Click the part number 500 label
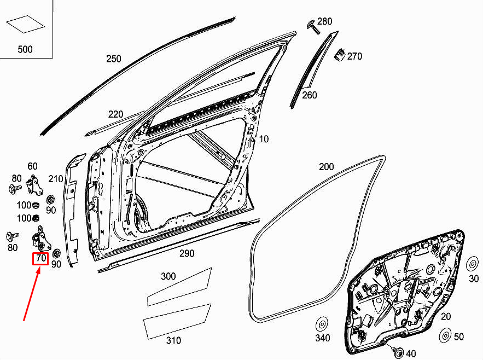[x=25, y=49]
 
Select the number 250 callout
[x=113, y=59]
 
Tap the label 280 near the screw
[x=324, y=22]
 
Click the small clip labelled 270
[x=339, y=55]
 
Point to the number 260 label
[x=310, y=95]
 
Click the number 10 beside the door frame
[x=264, y=140]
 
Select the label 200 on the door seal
[x=325, y=166]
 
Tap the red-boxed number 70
[x=40, y=259]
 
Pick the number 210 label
[x=55, y=179]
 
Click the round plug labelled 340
[x=322, y=323]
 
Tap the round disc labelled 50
[x=445, y=335]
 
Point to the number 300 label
[x=168, y=276]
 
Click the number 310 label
[x=173, y=340]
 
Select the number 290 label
[x=187, y=254]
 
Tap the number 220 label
[x=115, y=114]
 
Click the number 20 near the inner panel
[x=446, y=316]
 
